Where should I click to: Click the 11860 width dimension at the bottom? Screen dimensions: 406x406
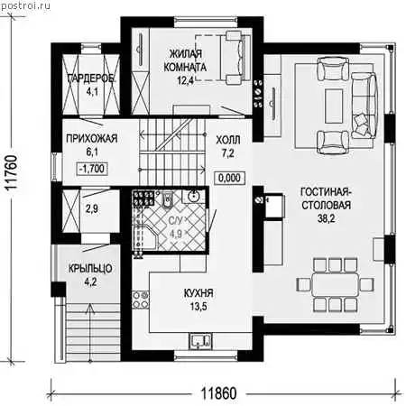[218, 393]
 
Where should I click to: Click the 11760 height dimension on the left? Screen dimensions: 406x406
[12, 172]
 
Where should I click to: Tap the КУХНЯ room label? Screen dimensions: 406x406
[198, 293]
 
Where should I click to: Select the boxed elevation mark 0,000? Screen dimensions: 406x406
[229, 178]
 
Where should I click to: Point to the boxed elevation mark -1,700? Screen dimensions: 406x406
[92, 169]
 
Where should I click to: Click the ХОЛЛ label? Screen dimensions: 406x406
[228, 140]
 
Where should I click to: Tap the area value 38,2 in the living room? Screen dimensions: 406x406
[327, 218]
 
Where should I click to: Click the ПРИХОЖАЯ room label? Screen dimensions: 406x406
[92, 139]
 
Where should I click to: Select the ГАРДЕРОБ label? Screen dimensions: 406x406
[92, 78]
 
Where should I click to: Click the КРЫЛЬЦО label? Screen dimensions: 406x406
[90, 268]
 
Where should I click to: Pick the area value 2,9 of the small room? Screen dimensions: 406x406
[92, 208]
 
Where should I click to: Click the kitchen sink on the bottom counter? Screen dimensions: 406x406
[200, 341]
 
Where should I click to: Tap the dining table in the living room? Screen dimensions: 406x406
[336, 284]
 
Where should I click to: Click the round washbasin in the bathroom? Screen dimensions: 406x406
[194, 196]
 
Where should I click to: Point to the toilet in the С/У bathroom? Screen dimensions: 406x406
[167, 199]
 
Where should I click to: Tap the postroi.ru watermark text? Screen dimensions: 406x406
[25, 5]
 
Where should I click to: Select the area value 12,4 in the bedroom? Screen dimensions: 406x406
[185, 80]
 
